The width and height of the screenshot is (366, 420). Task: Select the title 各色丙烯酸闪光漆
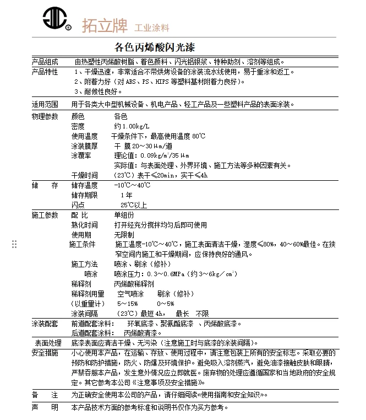coord(155,47)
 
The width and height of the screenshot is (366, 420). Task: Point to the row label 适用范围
coord(45,104)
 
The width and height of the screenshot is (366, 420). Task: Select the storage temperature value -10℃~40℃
coord(132,185)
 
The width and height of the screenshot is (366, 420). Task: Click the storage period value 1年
coord(126,195)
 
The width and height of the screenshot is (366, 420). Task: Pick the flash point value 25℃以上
coord(134,204)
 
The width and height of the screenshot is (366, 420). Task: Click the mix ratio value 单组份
coord(124,215)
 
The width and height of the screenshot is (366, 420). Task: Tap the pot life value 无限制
coord(124,234)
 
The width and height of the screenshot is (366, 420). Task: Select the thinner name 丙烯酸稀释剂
coord(134,283)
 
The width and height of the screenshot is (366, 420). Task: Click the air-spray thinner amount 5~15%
coord(127,303)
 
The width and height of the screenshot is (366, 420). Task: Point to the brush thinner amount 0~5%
coord(166,303)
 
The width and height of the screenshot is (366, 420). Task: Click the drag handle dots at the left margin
coord(14,244)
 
